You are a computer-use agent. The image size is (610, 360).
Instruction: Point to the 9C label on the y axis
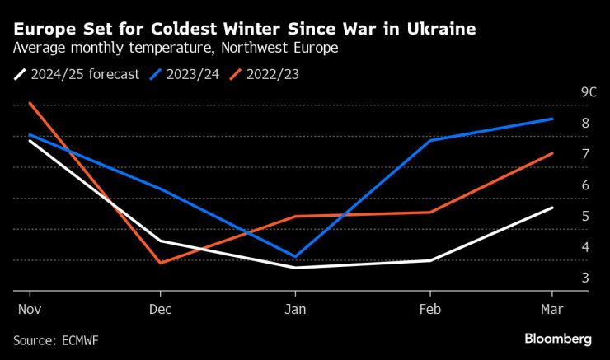(x=588, y=92)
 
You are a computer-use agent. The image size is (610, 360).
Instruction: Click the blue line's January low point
(x=294, y=256)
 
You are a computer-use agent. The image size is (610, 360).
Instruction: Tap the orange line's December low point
(x=160, y=263)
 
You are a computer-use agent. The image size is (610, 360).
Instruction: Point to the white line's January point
(x=294, y=268)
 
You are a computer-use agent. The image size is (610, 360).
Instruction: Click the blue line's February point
(x=429, y=141)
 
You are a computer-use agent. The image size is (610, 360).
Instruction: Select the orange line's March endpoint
(x=552, y=153)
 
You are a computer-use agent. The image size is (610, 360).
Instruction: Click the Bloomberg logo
(x=558, y=339)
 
